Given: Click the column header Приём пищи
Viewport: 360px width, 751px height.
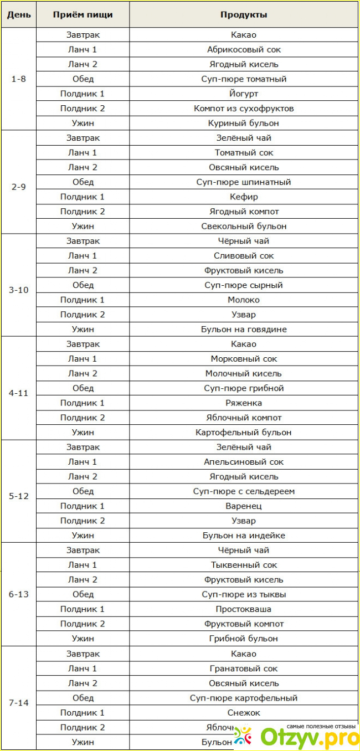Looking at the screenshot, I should click(83, 14).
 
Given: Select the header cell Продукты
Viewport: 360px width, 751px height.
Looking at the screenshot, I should click(244, 14).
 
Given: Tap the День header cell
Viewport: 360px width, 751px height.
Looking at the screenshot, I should click(18, 14).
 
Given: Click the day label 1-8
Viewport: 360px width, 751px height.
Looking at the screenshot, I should click(18, 79).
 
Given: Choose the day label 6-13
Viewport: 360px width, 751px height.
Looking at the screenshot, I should click(18, 594).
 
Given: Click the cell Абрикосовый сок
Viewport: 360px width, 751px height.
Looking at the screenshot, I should click(244, 49).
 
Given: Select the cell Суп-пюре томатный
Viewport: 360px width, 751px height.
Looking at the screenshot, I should click(244, 79).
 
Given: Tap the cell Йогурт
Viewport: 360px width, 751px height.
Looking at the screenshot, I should click(244, 94).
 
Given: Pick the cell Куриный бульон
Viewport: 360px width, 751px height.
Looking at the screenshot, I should click(244, 123).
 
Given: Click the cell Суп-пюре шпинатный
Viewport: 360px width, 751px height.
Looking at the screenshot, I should click(244, 182).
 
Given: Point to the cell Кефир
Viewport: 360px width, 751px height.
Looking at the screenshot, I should click(244, 197).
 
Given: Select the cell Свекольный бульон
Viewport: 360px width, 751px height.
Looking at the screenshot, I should click(244, 226).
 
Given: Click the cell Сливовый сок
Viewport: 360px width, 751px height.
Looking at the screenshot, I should click(244, 256).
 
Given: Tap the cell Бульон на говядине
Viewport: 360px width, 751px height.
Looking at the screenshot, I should click(244, 329).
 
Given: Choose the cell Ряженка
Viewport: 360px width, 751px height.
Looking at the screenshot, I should click(244, 403).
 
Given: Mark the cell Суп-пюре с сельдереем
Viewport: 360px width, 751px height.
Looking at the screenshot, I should click(244, 491).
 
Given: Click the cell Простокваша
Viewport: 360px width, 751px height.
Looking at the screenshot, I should click(244, 609).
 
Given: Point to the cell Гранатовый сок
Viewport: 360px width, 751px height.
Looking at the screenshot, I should click(244, 668).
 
